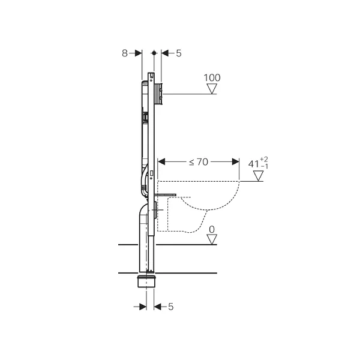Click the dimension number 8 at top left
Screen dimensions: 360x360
124,53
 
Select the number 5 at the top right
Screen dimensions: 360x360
179,53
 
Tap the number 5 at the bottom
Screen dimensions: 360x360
170,307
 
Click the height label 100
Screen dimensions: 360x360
212,78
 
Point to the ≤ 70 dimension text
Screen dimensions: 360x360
199,162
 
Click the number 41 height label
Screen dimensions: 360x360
254,164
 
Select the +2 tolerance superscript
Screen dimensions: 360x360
264,160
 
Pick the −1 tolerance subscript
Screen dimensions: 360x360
265,166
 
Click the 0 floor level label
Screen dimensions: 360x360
212,229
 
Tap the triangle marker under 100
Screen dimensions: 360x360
212,89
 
